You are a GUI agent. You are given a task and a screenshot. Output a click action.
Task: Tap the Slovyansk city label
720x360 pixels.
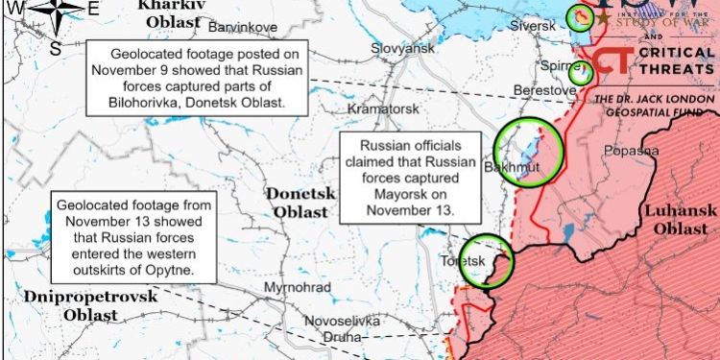click(403, 48)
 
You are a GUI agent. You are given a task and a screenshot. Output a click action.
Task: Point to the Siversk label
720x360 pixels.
click(534, 27)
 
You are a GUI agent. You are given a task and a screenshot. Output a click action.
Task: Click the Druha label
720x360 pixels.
click(341, 337)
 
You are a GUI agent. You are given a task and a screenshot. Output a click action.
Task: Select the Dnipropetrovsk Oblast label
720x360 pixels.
click(91, 305)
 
